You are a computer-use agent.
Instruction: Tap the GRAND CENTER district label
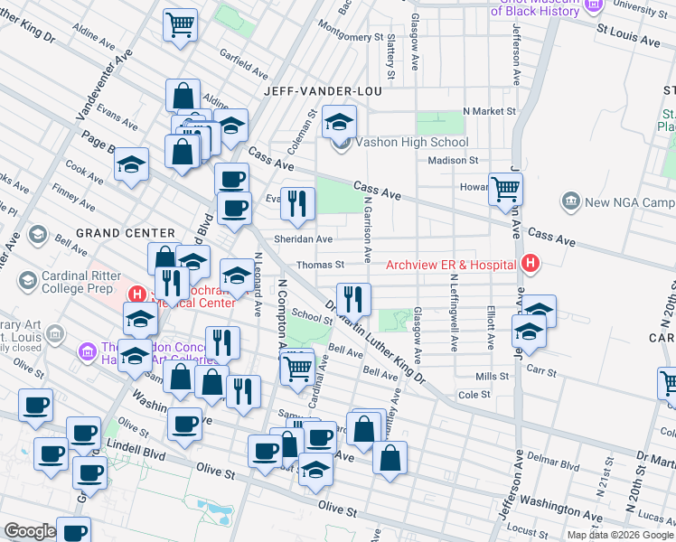pos(125,232)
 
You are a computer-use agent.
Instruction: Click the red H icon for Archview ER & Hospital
pos(530,264)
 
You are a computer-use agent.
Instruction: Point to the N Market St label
pos(488,111)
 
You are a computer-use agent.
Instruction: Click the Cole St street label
pos(474,395)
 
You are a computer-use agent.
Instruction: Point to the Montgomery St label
pos(352,37)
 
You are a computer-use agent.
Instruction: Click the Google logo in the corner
pos(29,531)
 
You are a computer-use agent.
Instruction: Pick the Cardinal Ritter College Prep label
pos(77,283)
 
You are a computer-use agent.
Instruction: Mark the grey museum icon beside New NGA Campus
pos(571,201)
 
